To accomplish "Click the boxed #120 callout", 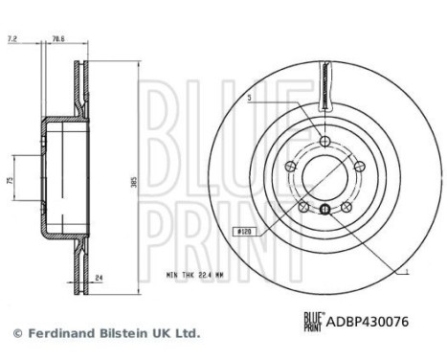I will tap(243, 230).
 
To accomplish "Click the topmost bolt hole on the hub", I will tap(326, 142).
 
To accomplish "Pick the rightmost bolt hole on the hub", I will tap(361, 168).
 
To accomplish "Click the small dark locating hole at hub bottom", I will tap(326, 210).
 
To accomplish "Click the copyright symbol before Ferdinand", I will tap(16, 333).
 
